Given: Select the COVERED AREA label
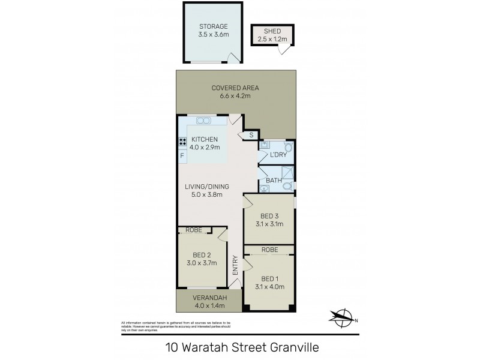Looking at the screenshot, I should (x=235, y=88).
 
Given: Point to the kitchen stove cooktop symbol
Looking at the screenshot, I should (x=181, y=142).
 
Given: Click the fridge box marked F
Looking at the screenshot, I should (x=181, y=156).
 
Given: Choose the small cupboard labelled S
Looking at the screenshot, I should (x=251, y=136).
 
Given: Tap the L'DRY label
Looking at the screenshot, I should (x=278, y=155).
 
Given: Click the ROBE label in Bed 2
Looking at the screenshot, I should (x=193, y=230).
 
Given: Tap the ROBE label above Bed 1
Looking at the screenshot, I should (x=268, y=249).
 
